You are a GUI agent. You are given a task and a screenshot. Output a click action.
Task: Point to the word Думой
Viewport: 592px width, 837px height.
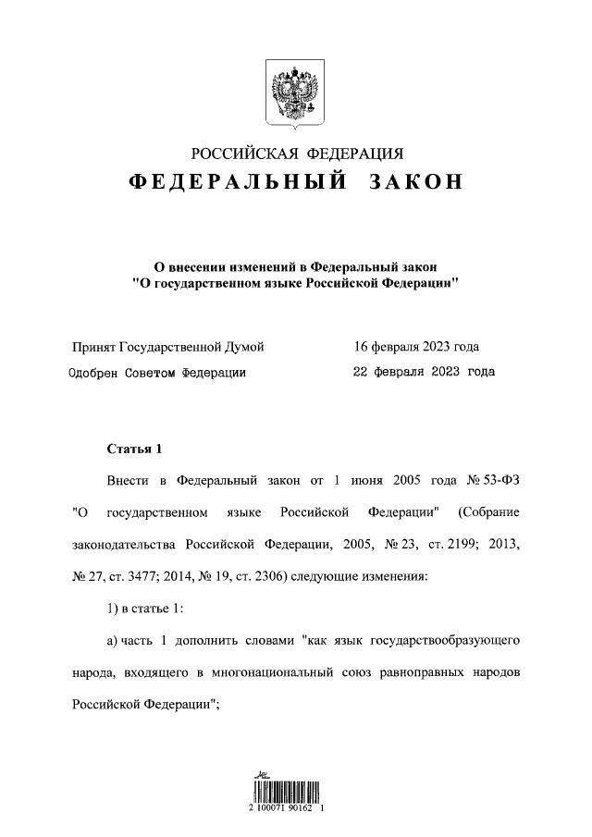[245, 347]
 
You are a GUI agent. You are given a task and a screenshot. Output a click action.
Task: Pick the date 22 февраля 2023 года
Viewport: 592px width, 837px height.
[424, 372]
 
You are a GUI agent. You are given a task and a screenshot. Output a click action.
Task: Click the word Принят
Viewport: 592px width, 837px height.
[93, 347]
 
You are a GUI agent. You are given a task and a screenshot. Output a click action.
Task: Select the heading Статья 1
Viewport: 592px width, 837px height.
[134, 449]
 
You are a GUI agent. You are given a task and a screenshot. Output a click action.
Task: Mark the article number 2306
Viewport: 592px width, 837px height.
[266, 575]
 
